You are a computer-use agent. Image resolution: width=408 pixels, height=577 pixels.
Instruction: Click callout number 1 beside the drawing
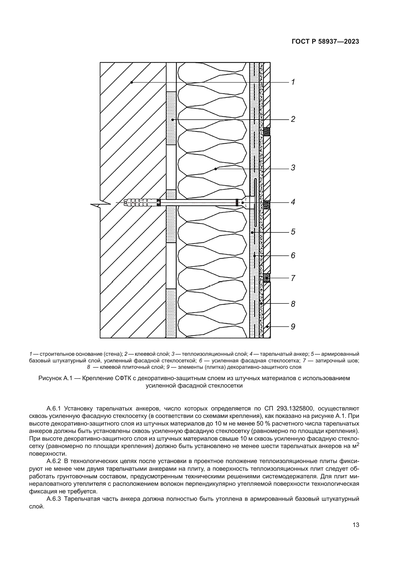pyautogui.click(x=293, y=82)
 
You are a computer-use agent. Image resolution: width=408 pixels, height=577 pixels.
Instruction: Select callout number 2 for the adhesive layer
pyautogui.click(x=293, y=119)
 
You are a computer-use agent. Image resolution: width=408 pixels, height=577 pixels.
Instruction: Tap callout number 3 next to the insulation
pyautogui.click(x=293, y=168)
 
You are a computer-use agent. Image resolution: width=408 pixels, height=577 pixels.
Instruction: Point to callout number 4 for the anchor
pyautogui.click(x=293, y=202)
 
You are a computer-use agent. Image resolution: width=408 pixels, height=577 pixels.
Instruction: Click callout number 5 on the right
pyautogui.click(x=293, y=232)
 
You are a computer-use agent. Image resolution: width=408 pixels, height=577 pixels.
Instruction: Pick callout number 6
pyautogui.click(x=293, y=256)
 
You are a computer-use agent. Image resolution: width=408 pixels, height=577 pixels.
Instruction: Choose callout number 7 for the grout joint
pyautogui.click(x=293, y=278)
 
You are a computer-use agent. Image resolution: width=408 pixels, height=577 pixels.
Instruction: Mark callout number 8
pyautogui.click(x=293, y=304)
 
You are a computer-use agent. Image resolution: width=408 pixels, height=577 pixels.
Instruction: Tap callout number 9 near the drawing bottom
pyautogui.click(x=293, y=327)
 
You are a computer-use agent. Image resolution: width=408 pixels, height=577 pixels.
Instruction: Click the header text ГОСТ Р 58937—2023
pyautogui.click(x=325, y=42)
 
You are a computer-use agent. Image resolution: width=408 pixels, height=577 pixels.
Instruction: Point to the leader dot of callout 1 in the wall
pyautogui.click(x=131, y=82)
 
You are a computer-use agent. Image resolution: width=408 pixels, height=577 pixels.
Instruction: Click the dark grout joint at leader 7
pyautogui.click(x=267, y=278)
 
